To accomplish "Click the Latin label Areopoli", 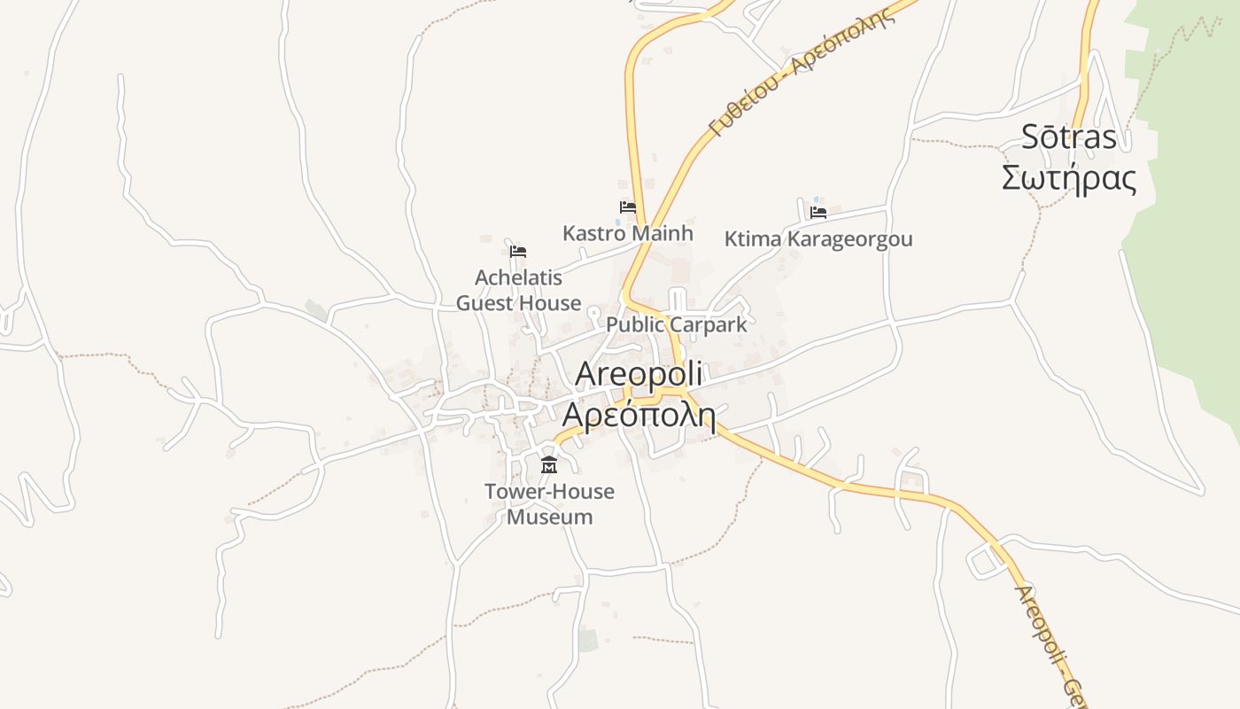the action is tap(639, 375).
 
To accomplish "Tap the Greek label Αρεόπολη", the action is tap(639, 414).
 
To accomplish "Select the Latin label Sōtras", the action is tap(1069, 137).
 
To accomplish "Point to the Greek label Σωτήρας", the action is tap(1069, 177).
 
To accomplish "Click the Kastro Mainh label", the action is tap(628, 234).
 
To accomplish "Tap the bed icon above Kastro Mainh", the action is tap(628, 207).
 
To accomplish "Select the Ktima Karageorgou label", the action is tap(818, 239).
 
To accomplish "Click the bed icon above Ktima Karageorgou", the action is tap(818, 213).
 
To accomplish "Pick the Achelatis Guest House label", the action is tap(519, 290).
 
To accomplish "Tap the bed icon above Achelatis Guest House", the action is tap(518, 252).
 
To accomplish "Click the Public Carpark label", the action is tap(677, 324).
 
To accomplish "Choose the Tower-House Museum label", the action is tap(549, 503).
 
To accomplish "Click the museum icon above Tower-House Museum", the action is tap(549, 465).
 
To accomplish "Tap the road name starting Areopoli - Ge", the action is tap(1050, 638).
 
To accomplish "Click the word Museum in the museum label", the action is tap(549, 517).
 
